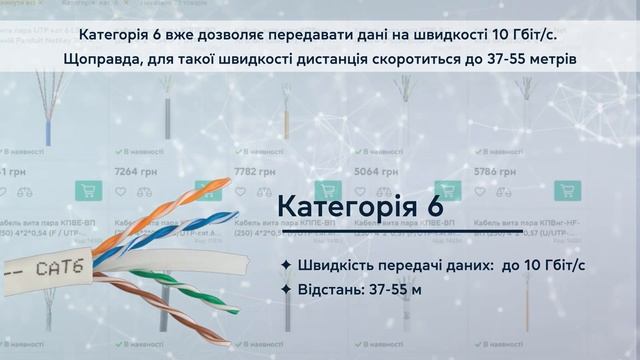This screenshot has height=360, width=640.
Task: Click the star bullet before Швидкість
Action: (287, 264)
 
